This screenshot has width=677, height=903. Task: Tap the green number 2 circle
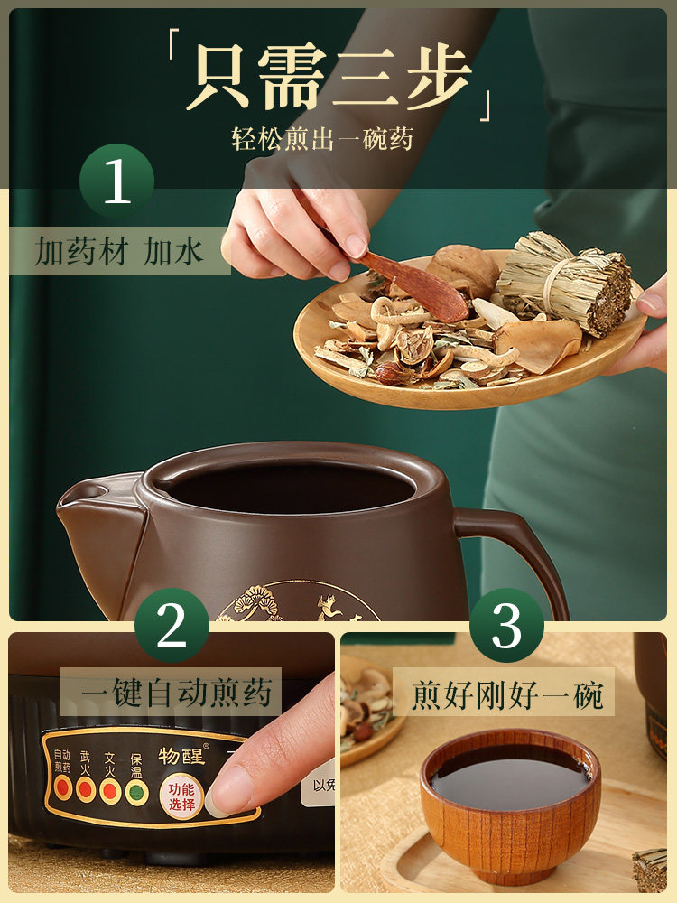172,625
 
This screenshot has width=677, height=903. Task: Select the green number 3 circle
506,625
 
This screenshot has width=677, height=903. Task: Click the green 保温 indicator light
136,791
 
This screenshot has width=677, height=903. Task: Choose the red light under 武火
87,790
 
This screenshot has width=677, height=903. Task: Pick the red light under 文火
111,791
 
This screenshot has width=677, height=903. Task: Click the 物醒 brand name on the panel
181,756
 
